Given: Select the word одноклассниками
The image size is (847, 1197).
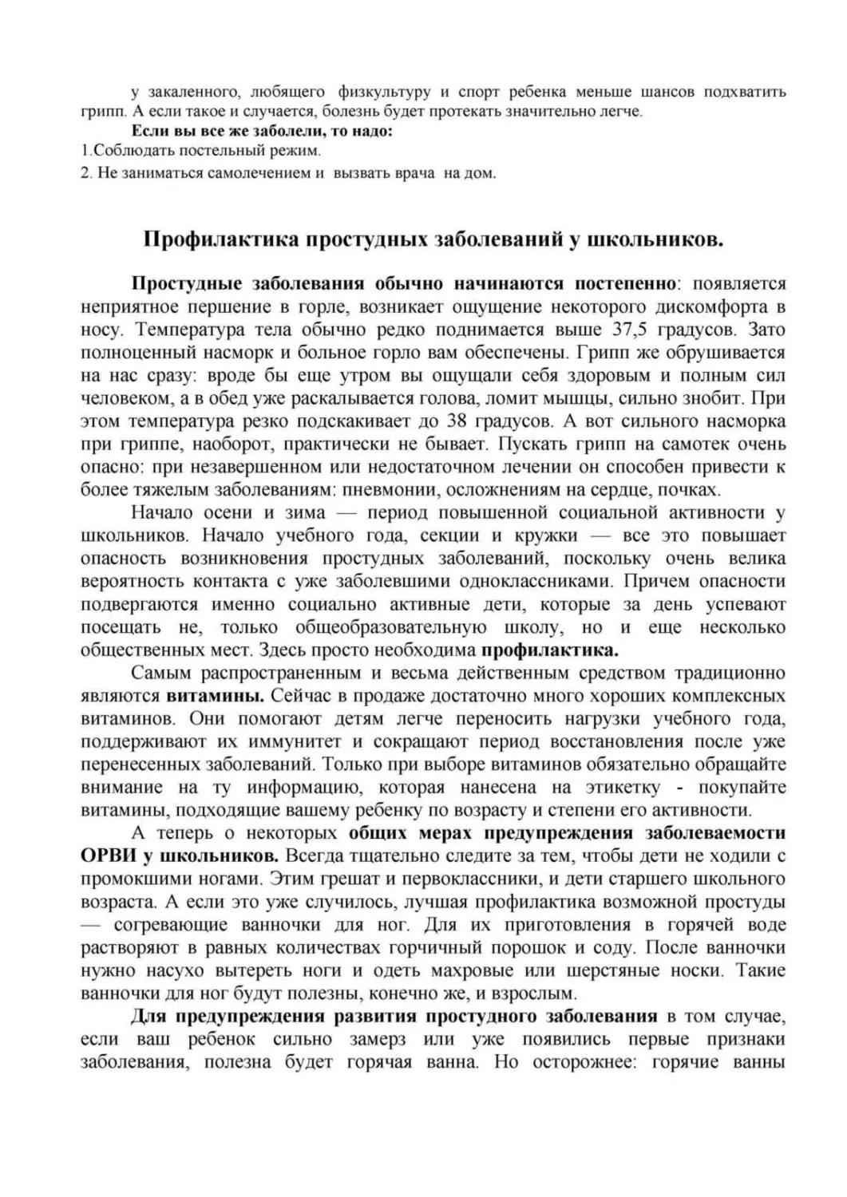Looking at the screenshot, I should [528, 581].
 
